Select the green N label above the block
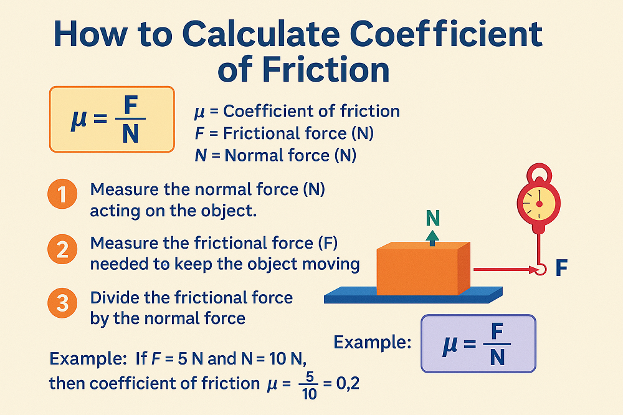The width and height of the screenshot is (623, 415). [433, 217]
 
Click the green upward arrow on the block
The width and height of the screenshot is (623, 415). [433, 237]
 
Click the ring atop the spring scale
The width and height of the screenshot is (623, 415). [538, 173]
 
